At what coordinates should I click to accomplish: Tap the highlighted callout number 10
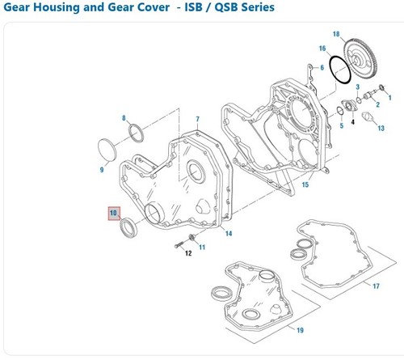click(113, 214)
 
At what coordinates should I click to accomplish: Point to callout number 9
click(102, 169)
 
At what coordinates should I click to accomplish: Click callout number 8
click(124, 119)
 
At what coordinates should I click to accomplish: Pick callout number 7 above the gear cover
click(196, 120)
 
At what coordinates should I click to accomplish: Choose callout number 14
click(229, 234)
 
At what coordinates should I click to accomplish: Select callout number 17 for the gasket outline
click(376, 286)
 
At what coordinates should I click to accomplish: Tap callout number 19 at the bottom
click(299, 331)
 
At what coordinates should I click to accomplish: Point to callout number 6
click(322, 68)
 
